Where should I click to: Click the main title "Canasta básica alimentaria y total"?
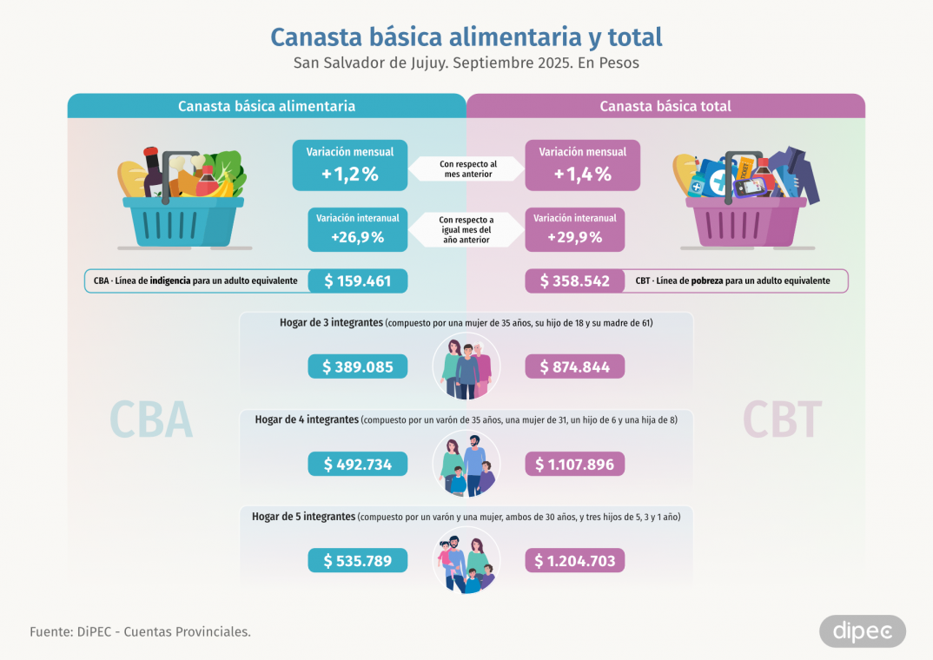tap(466, 37)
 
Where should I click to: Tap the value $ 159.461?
tap(357, 281)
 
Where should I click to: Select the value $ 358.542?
tap(574, 281)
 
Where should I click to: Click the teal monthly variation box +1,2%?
tap(349, 165)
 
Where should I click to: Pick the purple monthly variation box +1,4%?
tap(582, 165)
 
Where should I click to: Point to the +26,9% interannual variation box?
tap(357, 228)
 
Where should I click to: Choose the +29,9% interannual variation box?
tap(574, 228)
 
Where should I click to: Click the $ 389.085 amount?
tap(357, 367)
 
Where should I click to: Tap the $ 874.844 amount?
tap(574, 367)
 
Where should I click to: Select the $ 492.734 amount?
tap(357, 465)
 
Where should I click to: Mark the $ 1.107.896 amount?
tap(574, 465)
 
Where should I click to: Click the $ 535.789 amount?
tap(357, 561)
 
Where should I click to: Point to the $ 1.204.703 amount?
tap(574, 561)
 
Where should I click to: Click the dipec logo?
tap(862, 631)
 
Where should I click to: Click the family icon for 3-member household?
tap(467, 366)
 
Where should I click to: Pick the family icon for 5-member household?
tap(467, 561)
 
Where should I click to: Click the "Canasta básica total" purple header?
tap(665, 106)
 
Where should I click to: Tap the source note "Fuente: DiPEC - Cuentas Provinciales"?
tap(141, 631)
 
